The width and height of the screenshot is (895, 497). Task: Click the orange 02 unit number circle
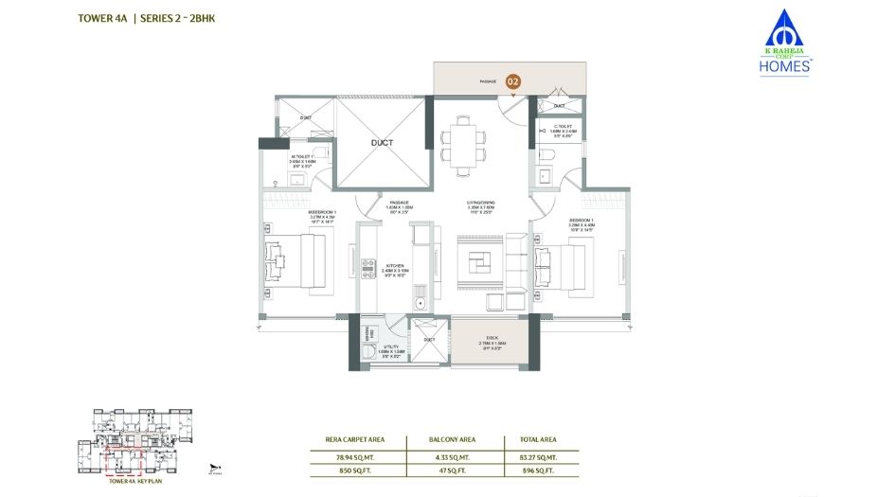coord(512,82)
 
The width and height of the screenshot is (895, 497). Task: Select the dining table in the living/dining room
coord(463,143)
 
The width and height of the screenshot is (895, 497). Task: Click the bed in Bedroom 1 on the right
coord(563,261)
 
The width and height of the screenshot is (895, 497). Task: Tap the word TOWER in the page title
coord(96,18)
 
